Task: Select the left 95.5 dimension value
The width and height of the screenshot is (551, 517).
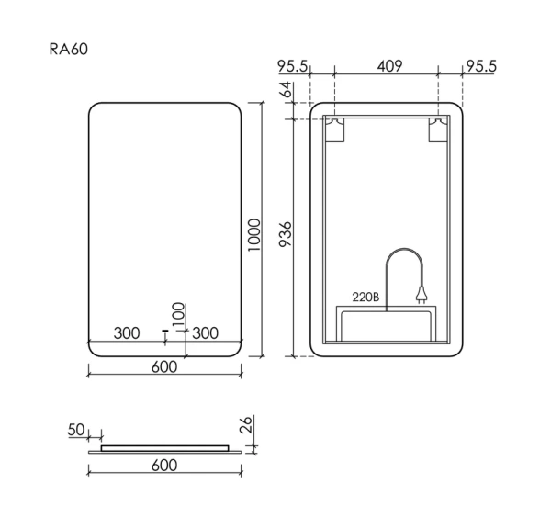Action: pyautogui.click(x=293, y=66)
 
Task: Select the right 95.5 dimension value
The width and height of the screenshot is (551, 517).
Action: pyautogui.click(x=481, y=66)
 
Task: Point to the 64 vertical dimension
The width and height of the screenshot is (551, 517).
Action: pyautogui.click(x=286, y=91)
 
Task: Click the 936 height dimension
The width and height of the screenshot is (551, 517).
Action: pyautogui.click(x=286, y=235)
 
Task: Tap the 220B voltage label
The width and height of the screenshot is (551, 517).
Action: pyautogui.click(x=365, y=297)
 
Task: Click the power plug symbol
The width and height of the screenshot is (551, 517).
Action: pyautogui.click(x=422, y=296)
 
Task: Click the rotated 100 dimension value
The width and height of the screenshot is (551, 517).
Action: pyautogui.click(x=179, y=313)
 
